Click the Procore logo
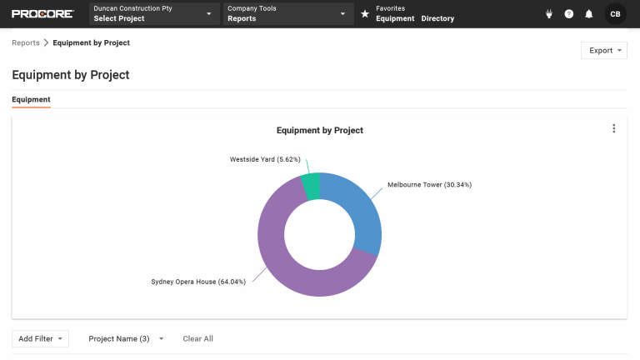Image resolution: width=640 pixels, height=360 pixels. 42,14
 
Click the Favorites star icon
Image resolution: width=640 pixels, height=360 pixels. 365,14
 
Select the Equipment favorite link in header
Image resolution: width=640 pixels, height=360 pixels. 395,18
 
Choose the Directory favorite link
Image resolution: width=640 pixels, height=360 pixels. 437,18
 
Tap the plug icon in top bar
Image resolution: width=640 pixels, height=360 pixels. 549,14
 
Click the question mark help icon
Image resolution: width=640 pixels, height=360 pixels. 569,14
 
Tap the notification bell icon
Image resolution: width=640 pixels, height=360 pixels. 589,14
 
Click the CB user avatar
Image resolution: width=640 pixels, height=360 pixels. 615,14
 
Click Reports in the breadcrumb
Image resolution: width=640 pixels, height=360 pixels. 26,42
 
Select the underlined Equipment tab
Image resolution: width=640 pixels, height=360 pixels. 31,100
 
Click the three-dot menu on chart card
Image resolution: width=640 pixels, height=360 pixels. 614,128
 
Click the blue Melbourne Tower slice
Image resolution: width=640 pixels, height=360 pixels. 360,211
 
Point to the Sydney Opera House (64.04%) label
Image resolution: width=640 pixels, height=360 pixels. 197,282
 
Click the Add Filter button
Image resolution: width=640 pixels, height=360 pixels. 40,339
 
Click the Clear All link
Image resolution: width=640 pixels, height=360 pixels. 197,339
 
